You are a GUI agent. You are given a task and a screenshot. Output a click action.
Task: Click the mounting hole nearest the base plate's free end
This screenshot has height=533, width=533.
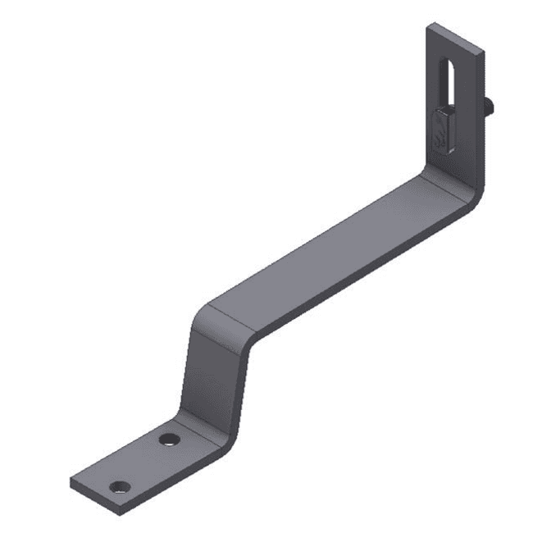coord(121,486)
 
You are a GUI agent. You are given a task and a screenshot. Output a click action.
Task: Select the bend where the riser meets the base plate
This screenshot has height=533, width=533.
coord(201,426)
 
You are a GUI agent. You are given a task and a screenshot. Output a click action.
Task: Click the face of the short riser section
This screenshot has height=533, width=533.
coord(209,369)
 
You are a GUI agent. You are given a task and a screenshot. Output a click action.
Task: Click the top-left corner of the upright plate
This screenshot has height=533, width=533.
coord(427,25)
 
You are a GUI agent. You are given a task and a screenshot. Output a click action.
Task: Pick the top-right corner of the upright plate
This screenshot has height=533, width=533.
coord(483,53)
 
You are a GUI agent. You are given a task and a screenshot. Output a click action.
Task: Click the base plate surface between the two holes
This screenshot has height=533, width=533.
coord(145,463)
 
